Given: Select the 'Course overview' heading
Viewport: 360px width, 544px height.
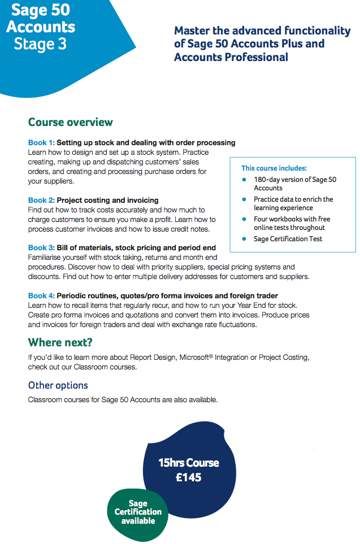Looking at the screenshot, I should pyautogui.click(x=71, y=122).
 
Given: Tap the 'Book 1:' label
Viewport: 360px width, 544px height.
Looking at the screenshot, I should pyautogui.click(x=41, y=142).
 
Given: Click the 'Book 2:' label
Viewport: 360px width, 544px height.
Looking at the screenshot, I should pyautogui.click(x=41, y=200).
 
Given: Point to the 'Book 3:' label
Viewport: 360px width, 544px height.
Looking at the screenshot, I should pyautogui.click(x=41, y=247).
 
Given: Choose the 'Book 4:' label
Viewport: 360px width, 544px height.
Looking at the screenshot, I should pyautogui.click(x=41, y=295).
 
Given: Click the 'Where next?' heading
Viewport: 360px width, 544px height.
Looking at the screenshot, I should pyautogui.click(x=60, y=342).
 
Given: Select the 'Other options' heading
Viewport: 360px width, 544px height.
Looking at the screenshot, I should pyautogui.click(x=58, y=385).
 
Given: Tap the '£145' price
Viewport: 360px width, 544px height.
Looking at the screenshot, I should pyautogui.click(x=188, y=477).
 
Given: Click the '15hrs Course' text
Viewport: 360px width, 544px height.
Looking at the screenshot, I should pyautogui.click(x=188, y=463).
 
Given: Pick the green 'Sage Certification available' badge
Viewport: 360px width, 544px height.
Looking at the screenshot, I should pyautogui.click(x=138, y=512).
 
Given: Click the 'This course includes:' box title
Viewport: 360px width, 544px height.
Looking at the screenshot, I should pyautogui.click(x=274, y=168).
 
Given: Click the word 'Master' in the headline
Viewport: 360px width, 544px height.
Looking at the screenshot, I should pyautogui.click(x=193, y=31).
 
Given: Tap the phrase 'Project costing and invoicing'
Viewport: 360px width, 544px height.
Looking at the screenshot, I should pyautogui.click(x=107, y=200).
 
